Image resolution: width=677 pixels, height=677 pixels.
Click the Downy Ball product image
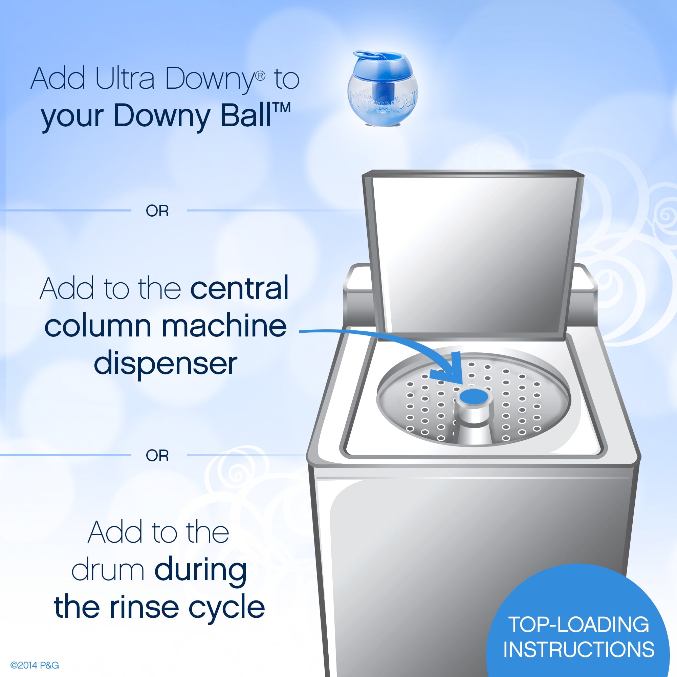(383, 88)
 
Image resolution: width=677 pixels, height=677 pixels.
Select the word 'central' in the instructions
(239, 288)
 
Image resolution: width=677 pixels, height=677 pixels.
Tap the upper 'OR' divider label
(157, 211)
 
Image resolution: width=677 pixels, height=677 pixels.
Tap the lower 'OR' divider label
(157, 456)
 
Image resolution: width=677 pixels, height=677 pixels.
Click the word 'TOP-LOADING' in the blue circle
(578, 625)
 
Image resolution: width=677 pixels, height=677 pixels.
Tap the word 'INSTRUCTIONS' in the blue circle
(579, 649)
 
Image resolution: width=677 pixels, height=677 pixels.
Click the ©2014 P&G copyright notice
(35, 665)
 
